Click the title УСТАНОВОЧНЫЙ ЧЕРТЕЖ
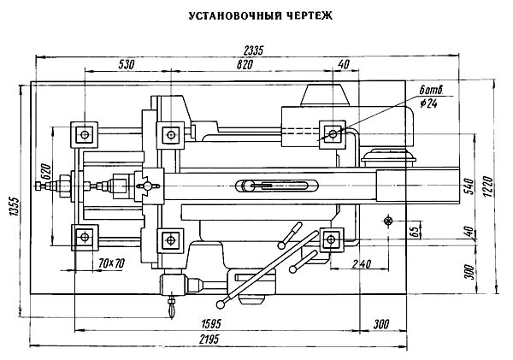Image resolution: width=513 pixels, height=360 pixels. (256, 15)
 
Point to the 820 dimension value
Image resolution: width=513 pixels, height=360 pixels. (245, 64)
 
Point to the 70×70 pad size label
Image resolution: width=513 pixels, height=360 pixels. (111, 262)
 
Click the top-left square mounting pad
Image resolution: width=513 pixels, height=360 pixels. (84, 133)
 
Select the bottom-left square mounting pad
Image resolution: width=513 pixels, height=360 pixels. (84, 237)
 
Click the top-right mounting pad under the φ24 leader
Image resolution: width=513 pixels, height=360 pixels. (330, 133)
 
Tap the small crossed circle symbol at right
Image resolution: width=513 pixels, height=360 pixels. (389, 221)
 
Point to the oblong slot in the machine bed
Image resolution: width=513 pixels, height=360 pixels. (277, 185)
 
